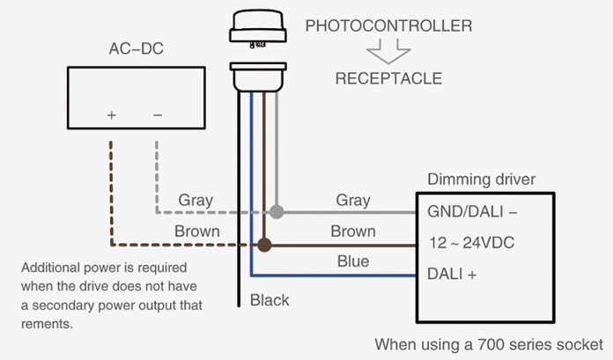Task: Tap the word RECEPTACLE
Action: click(388, 78)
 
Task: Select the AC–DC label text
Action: click(135, 48)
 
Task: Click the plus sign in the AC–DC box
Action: click(112, 115)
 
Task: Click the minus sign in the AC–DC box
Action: click(158, 115)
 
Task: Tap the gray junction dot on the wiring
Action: click(277, 212)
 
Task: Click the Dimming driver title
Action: click(481, 180)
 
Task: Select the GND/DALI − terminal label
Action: click(471, 212)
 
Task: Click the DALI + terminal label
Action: click(452, 274)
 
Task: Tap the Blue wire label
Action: click(353, 261)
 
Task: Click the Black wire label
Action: click(270, 300)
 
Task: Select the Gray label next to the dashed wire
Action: click(196, 200)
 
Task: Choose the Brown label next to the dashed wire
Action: click(196, 231)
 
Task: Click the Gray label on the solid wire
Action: click(353, 200)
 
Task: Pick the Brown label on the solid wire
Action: click(353, 231)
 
